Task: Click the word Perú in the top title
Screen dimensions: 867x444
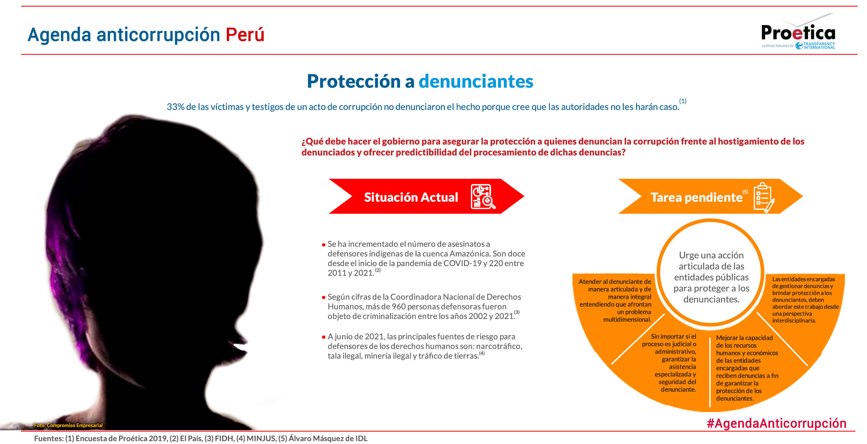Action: [x=245, y=34]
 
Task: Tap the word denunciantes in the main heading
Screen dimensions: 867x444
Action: [x=476, y=81]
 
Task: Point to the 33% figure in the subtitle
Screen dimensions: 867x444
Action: [x=175, y=107]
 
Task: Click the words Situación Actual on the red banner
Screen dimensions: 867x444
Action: [x=411, y=197]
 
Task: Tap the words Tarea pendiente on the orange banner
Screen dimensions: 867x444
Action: [x=696, y=197]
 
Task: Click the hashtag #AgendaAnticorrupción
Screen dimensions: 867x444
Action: [x=776, y=423]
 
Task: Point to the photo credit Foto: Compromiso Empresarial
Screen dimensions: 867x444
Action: [x=68, y=425]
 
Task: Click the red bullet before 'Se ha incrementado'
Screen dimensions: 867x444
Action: [x=323, y=245]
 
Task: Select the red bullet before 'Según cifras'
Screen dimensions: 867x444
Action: [x=323, y=297]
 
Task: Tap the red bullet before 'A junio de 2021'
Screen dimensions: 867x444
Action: [x=323, y=337]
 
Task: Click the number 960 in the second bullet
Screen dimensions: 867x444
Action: [x=399, y=307]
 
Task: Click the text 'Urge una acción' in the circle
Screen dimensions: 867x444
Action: [x=711, y=255]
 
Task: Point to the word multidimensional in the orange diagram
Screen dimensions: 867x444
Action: [x=627, y=319]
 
